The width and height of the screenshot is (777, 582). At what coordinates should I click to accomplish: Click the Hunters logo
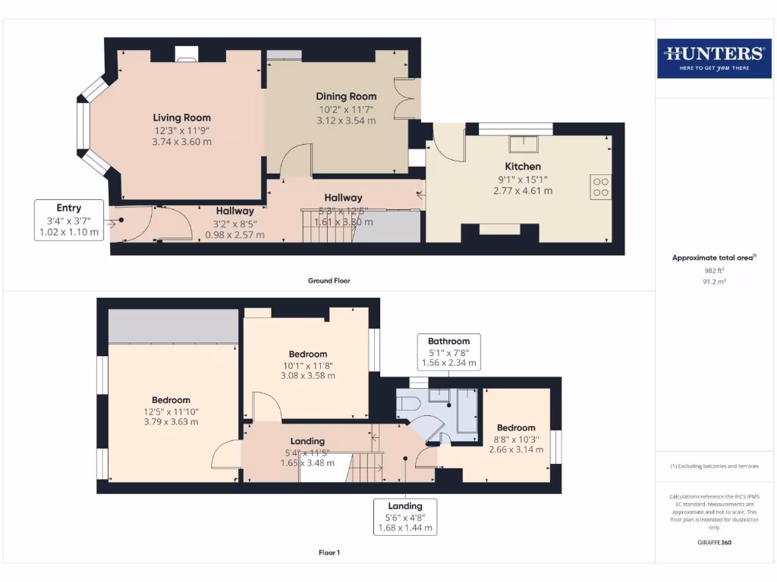713,58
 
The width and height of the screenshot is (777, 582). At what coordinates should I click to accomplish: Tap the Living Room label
182,117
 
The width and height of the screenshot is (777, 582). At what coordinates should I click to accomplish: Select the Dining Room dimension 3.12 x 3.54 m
346,120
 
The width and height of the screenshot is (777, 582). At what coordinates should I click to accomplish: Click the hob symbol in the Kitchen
600,187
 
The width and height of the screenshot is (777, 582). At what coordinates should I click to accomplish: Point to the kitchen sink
524,143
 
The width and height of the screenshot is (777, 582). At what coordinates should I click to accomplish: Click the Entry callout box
68,221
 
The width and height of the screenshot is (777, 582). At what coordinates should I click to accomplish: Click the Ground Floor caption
329,280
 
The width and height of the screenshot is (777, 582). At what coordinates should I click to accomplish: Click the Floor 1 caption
329,552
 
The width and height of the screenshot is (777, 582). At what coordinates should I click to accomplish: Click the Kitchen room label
523,166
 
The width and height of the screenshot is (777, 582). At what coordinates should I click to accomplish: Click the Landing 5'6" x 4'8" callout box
405,517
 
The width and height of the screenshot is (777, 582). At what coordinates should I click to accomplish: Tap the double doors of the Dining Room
407,99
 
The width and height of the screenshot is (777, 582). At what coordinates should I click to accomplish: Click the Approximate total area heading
713,258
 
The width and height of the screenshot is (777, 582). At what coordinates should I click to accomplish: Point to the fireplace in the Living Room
187,53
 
